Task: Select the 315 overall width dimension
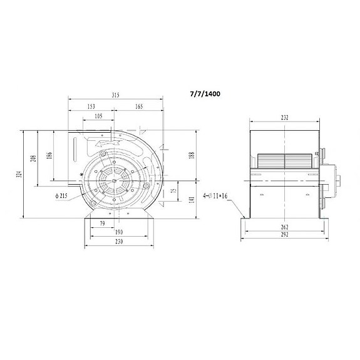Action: click(x=116, y=95)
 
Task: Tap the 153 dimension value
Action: click(x=92, y=107)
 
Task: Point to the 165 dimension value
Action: click(x=138, y=107)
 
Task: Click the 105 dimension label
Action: click(x=99, y=117)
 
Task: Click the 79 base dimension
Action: click(x=102, y=224)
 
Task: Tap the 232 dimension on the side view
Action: click(x=285, y=117)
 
